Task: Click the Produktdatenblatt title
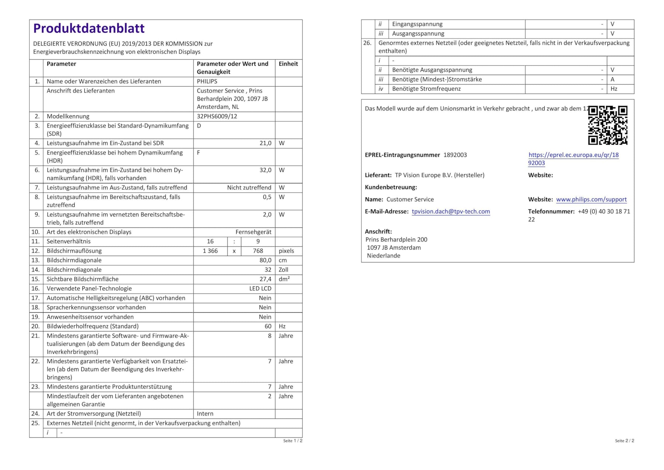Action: tap(89, 28)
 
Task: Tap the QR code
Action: tap(608, 125)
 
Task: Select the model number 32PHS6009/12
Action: tap(217, 116)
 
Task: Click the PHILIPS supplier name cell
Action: tap(207, 81)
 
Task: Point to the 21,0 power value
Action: tap(265, 143)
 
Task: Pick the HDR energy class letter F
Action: tap(198, 153)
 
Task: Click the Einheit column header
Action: tap(288, 64)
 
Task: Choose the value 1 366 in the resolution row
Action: tap(210, 251)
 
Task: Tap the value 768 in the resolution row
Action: tap(258, 251)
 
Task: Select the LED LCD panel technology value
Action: tap(260, 289)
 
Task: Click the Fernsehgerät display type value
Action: tap(253, 232)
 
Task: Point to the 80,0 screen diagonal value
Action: tap(265, 260)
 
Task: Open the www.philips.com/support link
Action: tap(591, 199)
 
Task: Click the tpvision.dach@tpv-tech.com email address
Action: tap(451, 212)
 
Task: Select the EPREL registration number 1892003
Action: tap(455, 155)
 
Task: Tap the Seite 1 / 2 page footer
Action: tap(293, 441)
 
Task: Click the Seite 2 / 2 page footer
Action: tap(625, 441)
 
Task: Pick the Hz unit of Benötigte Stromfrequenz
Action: tap(614, 89)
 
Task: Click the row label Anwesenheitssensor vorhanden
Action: tap(90, 317)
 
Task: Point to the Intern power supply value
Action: tap(205, 414)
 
